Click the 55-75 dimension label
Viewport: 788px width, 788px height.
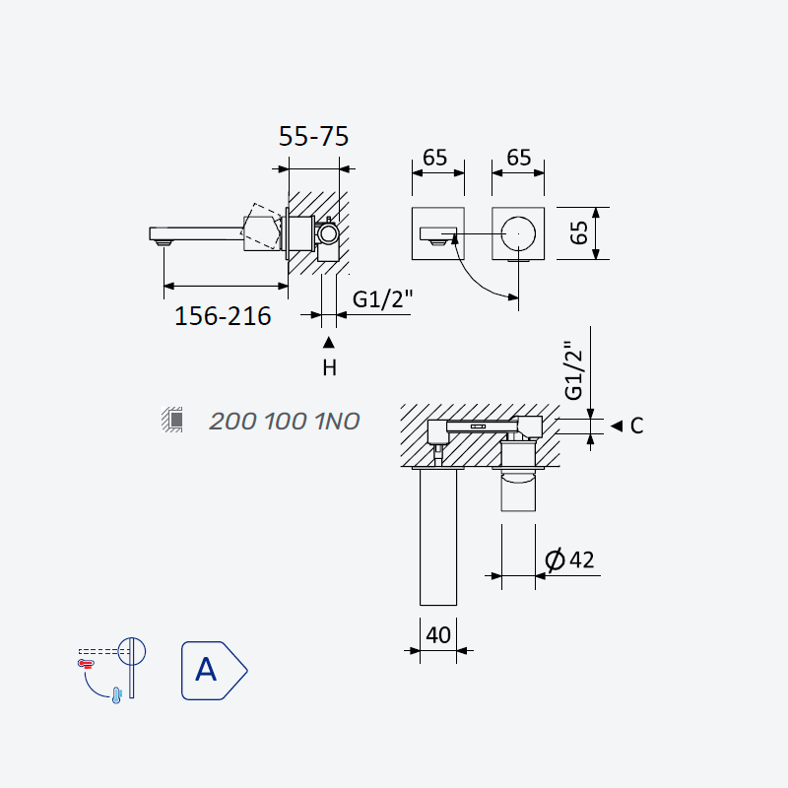[313, 136]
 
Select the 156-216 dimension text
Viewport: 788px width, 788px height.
[223, 316]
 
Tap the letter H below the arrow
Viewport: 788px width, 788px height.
[329, 367]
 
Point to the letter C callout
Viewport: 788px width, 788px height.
[636, 426]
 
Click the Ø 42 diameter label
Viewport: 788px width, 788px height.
[570, 559]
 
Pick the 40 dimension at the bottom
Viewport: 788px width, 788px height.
[438, 635]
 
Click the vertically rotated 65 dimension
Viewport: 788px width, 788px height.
[579, 232]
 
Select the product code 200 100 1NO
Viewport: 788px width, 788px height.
[285, 422]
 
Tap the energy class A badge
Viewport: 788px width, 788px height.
[214, 671]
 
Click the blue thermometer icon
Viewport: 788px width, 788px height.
[116, 695]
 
